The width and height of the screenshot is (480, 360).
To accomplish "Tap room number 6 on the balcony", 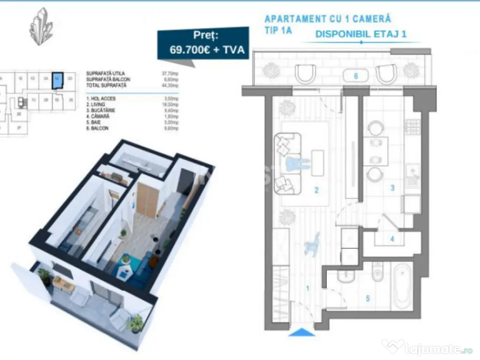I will click(356, 76).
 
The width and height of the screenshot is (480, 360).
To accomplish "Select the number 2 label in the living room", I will click(316, 190).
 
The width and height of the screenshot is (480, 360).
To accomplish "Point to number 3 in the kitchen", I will click(393, 188).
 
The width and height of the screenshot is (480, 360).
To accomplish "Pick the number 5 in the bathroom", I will click(367, 297).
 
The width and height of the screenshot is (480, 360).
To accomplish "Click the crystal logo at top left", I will click(41, 26).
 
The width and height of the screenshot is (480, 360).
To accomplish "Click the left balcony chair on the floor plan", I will click(306, 74).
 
